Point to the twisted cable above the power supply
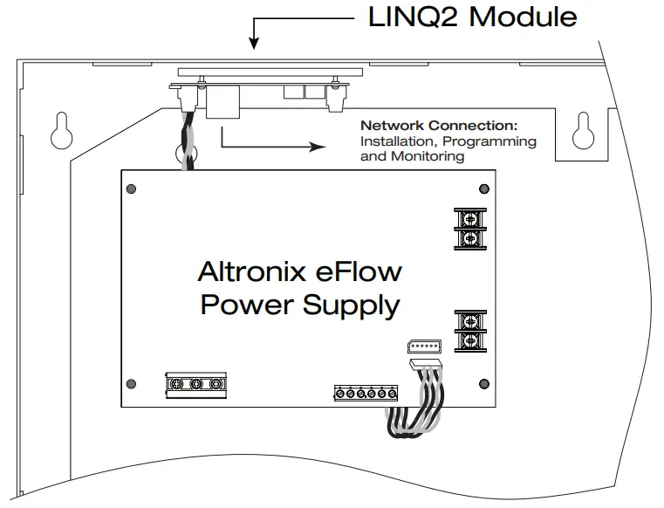click(187, 144)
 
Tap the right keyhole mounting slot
click(581, 131)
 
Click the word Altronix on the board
click(248, 271)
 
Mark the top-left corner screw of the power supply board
click(130, 188)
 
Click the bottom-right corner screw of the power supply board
click(484, 384)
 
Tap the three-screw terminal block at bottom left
click(195, 383)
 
